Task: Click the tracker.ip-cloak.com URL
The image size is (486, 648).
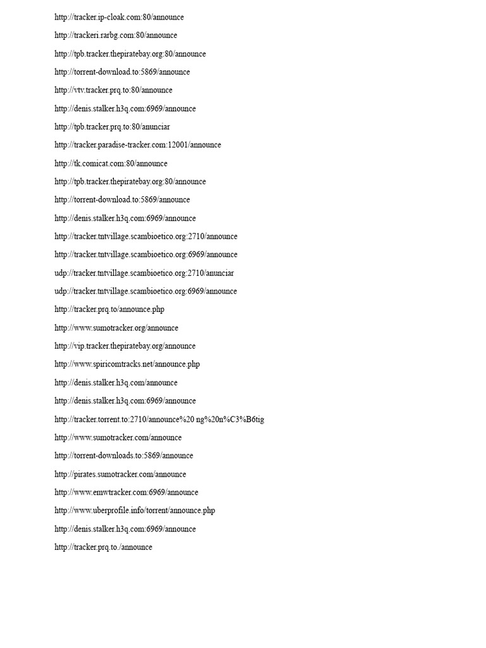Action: coord(119,17)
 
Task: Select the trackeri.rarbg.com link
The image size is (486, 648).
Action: coord(116,35)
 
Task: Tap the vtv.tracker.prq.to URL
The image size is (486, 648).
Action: coord(113,90)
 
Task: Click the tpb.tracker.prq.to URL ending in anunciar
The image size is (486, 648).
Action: coord(112,127)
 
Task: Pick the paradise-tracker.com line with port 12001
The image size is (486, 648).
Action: coord(137,145)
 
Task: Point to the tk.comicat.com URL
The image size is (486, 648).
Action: coord(111,163)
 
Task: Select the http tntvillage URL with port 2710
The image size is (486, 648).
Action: coord(146,236)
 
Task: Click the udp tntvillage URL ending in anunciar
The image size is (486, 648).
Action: coord(144,273)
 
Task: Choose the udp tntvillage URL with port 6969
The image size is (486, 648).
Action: coord(146,291)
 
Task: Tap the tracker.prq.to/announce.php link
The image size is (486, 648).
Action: coord(109,309)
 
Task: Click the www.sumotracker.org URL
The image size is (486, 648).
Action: coord(116,328)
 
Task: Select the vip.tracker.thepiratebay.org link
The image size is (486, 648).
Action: coord(125,346)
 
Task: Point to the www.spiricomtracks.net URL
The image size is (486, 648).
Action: coord(127,364)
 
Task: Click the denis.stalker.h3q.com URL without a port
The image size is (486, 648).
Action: coord(116,382)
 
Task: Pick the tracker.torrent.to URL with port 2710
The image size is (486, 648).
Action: coord(159,419)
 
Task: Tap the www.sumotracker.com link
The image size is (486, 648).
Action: coord(118,437)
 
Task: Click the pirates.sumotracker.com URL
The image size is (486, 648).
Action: coord(120,474)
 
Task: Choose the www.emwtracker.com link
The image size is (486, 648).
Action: coord(126,492)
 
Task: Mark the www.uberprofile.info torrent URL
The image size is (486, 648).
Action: coord(135,511)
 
